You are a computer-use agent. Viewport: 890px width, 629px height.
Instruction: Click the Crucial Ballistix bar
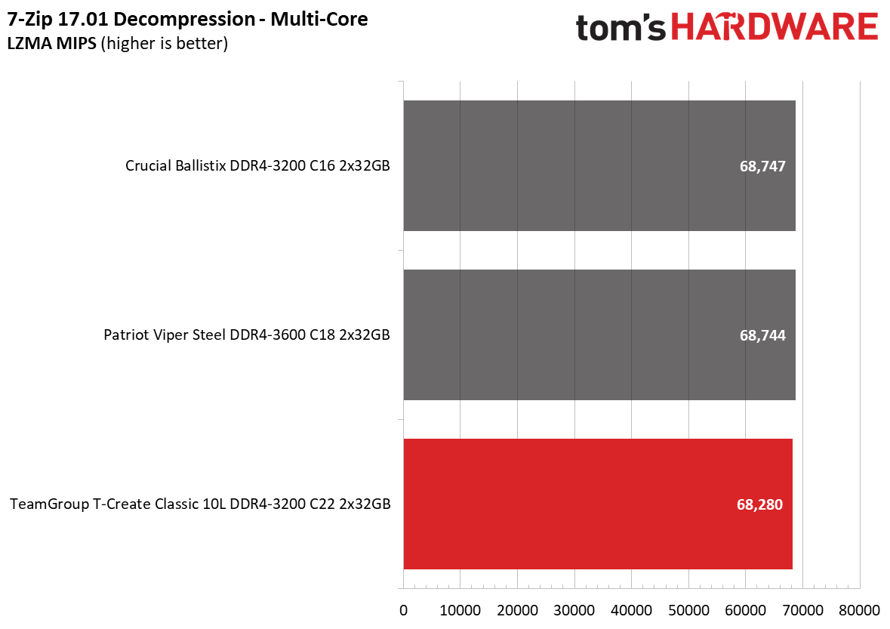(599, 166)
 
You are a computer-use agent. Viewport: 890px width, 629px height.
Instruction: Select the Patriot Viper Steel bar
(599, 335)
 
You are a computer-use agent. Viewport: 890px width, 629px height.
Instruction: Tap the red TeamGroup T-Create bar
(598, 504)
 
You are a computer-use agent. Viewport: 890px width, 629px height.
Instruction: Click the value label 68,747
(762, 166)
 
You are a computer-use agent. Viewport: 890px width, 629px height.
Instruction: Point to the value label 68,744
(762, 335)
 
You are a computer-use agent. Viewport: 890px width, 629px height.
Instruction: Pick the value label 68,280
(759, 504)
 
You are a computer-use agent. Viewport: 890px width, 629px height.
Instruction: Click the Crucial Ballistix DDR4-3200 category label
(257, 166)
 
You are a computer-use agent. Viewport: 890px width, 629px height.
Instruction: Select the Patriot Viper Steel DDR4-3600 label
(247, 335)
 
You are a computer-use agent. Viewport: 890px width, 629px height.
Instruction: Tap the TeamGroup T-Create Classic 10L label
(200, 504)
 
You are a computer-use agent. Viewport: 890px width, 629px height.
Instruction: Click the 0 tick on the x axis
(404, 610)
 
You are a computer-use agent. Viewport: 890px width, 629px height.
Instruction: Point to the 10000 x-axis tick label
(460, 610)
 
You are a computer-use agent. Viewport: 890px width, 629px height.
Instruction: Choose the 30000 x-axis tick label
(574, 610)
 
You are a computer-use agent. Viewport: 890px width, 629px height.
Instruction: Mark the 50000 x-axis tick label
(688, 610)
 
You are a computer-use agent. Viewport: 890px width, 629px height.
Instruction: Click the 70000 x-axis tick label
(802, 610)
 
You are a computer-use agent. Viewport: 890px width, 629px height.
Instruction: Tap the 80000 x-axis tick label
(859, 610)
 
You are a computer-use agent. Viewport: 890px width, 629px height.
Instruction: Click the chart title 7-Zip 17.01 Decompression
(131, 20)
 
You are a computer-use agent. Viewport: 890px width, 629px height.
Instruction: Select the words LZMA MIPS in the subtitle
(51, 43)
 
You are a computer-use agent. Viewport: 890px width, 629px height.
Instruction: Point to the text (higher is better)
(165, 44)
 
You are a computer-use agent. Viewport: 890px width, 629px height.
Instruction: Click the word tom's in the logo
(621, 28)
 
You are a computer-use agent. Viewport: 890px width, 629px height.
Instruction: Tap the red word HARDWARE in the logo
(775, 26)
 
